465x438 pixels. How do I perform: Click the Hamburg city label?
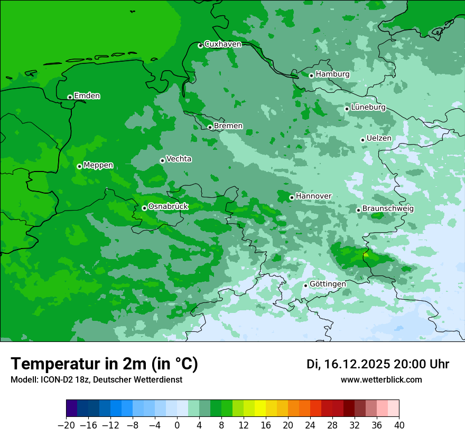coord(332,74)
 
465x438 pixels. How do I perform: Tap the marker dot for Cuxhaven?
coord(200,45)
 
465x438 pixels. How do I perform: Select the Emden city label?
coord(87,96)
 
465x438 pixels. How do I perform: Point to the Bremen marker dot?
coord(210,127)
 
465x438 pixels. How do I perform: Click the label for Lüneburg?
coord(368,108)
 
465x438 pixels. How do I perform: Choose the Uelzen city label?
coord(379,138)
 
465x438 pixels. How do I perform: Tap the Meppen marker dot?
coord(79,166)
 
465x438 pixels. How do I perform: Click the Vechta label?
coord(179,159)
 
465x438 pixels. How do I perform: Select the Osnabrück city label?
coord(168,206)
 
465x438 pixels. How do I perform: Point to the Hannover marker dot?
coord(292,197)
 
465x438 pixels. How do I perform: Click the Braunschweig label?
coord(388,209)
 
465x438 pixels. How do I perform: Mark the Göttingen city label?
coord(328,284)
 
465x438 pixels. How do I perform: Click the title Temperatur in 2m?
coord(104,364)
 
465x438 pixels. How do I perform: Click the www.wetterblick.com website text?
coord(381,380)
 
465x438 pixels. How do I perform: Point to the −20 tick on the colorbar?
coord(67,425)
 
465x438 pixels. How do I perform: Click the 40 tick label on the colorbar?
coord(399,425)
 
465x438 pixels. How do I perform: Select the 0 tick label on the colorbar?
coord(177,425)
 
